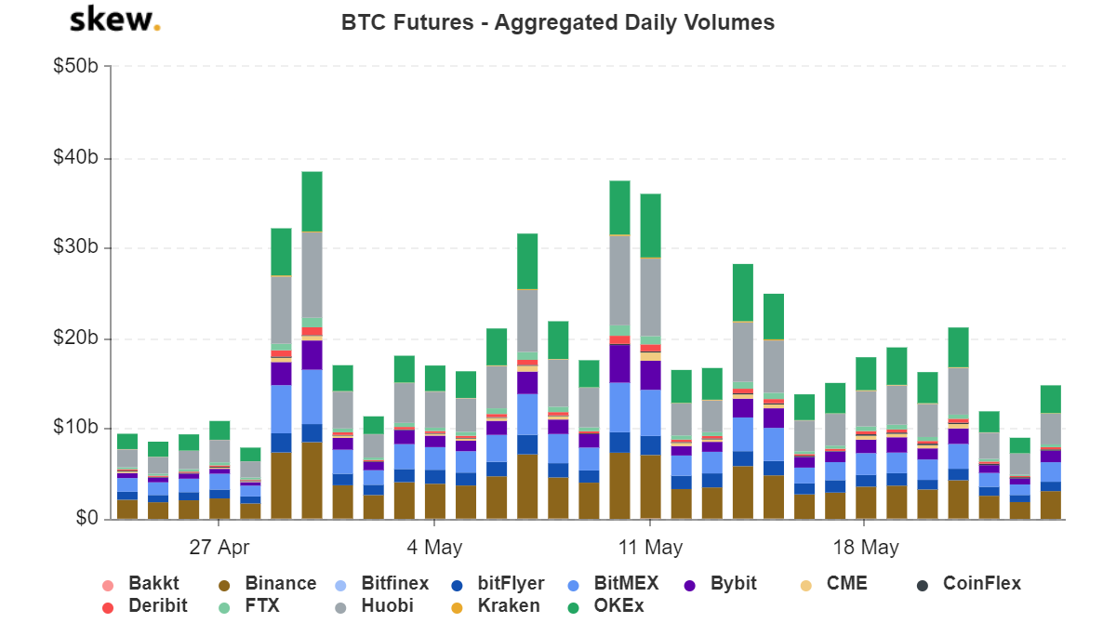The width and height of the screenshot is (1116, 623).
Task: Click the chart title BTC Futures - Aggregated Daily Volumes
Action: click(x=558, y=22)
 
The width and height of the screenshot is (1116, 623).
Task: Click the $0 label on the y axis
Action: click(x=86, y=518)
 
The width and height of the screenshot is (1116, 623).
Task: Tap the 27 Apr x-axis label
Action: click(x=219, y=547)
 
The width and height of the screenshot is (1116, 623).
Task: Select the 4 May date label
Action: click(x=434, y=547)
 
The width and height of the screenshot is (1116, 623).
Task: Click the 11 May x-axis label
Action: click(x=650, y=547)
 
